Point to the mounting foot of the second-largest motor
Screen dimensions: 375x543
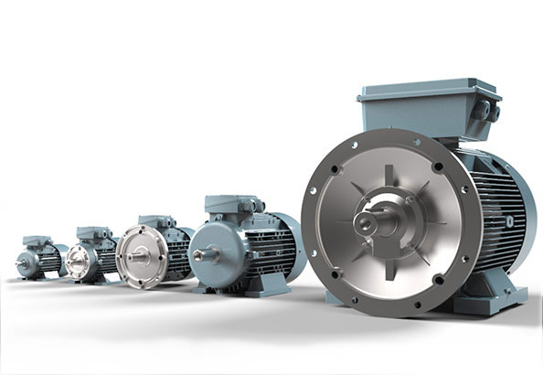[x=256, y=289]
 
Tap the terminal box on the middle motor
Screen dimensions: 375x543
[x=155, y=222]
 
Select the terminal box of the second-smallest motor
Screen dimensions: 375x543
[x=93, y=234]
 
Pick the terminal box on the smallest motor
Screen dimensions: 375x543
[x=37, y=241]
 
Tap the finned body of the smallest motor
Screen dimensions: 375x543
[x=50, y=260]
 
